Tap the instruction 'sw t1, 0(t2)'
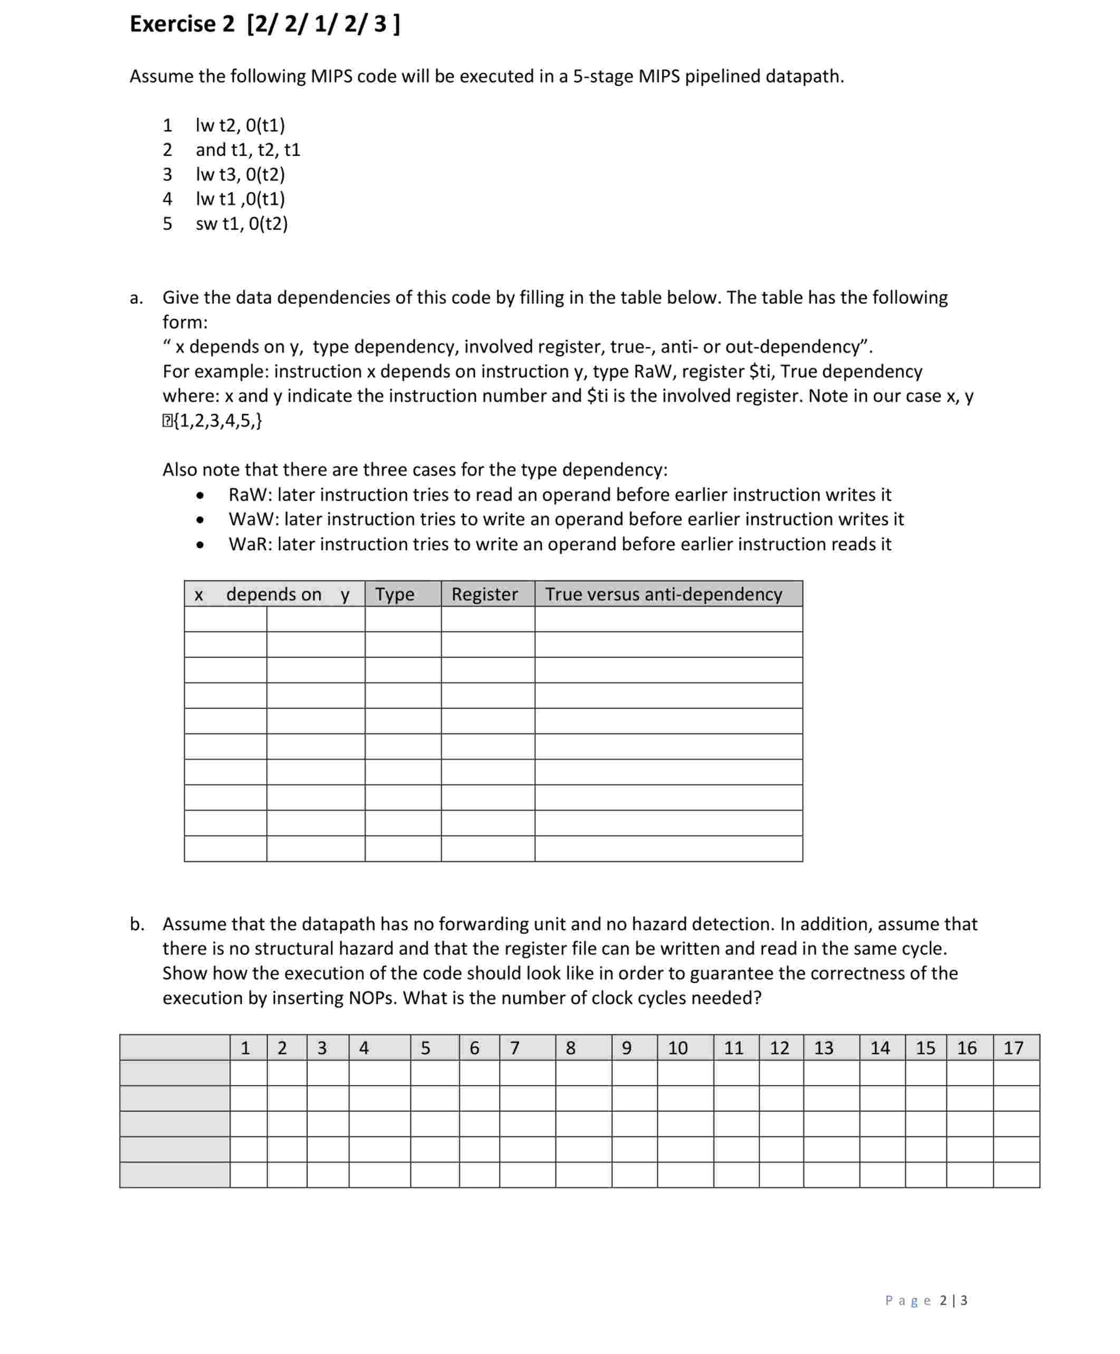click(241, 224)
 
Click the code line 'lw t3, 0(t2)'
click(240, 174)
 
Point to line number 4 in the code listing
click(167, 199)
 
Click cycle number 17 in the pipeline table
click(1012, 1048)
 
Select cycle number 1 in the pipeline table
click(245, 1048)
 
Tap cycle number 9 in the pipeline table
click(626, 1048)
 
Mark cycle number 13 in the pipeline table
click(824, 1048)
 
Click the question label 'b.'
click(136, 924)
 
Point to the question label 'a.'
click(136, 298)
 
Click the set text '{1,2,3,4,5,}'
click(218, 421)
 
